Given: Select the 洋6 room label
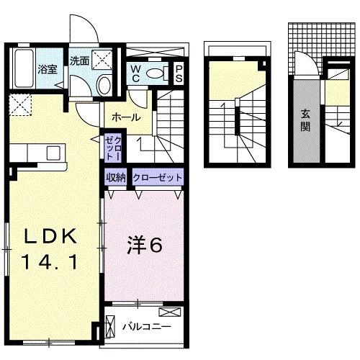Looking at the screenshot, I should tap(143, 244).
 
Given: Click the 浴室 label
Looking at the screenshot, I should tap(48, 70).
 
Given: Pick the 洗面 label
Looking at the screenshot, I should tap(80, 61).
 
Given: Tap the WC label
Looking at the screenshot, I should tap(135, 73).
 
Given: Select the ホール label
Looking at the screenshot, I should tap(125, 117).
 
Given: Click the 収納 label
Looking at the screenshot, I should tap(116, 176).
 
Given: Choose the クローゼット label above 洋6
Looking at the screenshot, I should tap(156, 176).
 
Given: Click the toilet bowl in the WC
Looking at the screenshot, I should tap(154, 73).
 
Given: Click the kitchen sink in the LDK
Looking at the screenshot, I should tap(53, 153).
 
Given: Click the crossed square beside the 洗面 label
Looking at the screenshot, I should tap(102, 60).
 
